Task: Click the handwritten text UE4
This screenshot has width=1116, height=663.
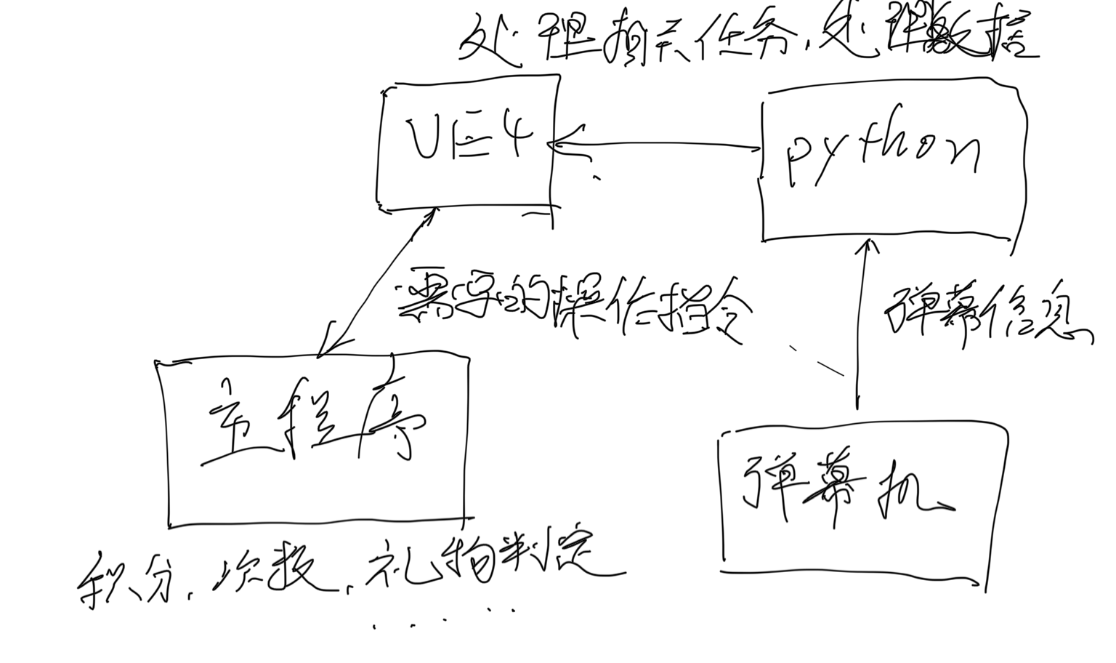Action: tap(468, 138)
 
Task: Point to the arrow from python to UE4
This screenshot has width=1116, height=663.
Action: tap(654, 145)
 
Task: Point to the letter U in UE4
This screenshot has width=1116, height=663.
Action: tap(421, 138)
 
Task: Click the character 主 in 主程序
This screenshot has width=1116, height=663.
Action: tap(229, 429)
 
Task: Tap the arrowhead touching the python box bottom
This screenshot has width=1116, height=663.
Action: tap(865, 247)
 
